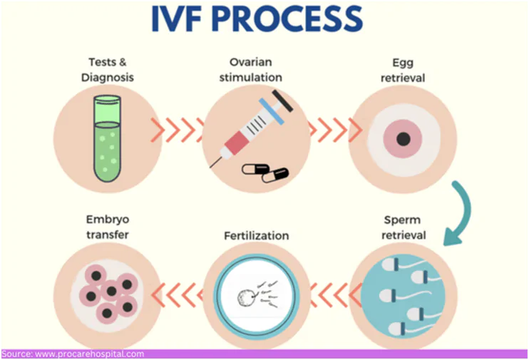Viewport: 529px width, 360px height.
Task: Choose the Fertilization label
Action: point(256,235)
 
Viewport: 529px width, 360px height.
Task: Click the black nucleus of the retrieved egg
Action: point(403,139)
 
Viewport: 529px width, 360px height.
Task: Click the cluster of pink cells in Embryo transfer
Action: point(106,293)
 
